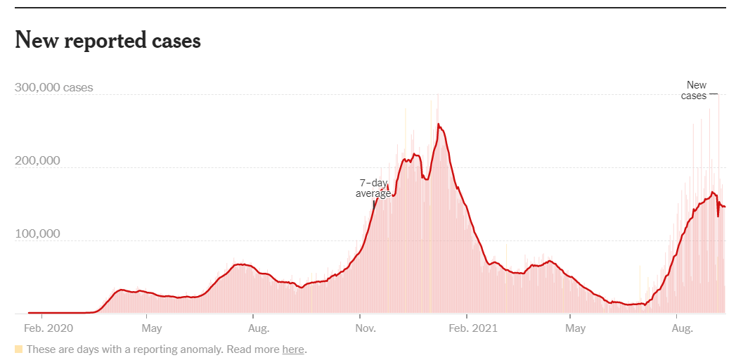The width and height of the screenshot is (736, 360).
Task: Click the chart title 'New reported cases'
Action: point(108,41)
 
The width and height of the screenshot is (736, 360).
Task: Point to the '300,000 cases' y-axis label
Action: point(53,89)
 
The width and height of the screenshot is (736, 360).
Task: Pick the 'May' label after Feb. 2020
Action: point(152,328)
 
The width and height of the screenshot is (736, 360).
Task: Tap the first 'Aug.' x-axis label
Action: point(259,328)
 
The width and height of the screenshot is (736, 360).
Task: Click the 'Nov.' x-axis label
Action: point(365,328)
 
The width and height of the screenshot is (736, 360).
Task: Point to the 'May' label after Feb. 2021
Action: point(575,328)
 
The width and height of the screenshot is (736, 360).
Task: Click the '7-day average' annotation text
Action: point(373,188)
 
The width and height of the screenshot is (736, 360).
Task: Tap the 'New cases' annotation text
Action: point(695,91)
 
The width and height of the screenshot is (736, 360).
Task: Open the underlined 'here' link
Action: point(293,349)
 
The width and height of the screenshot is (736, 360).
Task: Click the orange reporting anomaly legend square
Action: point(19,349)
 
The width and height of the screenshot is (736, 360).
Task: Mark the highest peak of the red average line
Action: point(439,124)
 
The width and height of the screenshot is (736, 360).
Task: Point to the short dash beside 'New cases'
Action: point(714,94)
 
